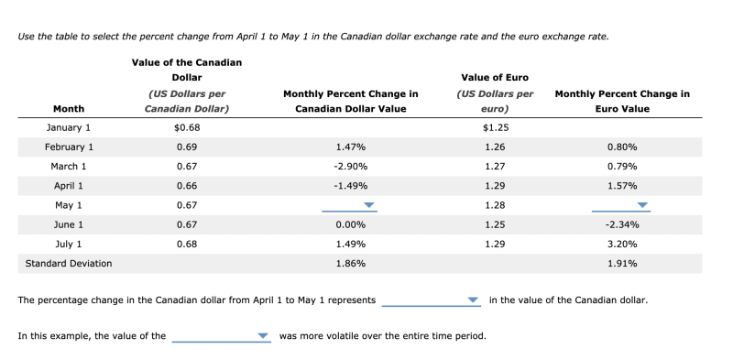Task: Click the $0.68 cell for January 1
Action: [187, 127]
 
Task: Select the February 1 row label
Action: [69, 147]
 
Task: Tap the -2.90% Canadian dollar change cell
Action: [351, 167]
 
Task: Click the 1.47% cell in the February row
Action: [351, 147]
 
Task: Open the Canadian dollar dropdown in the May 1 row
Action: [350, 205]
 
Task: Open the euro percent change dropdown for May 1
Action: [622, 205]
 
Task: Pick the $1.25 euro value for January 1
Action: [496, 127]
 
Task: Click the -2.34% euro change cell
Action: [622, 224]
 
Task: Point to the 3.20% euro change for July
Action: [622, 245]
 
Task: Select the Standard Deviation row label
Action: [69, 264]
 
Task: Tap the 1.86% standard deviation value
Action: [351, 264]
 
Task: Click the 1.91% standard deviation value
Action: [622, 264]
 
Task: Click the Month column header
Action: [69, 109]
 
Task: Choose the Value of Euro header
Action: [495, 77]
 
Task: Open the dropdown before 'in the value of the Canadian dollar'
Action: [431, 300]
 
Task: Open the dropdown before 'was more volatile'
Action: [221, 336]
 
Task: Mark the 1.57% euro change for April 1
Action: [622, 186]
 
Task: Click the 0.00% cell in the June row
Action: [351, 224]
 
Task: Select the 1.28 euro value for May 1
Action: [496, 205]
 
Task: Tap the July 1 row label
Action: [69, 245]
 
